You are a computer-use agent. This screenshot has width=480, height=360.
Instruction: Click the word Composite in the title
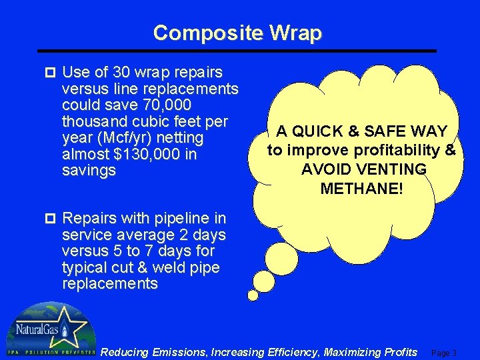[205, 33]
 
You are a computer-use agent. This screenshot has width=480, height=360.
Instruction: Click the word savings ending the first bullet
[89, 171]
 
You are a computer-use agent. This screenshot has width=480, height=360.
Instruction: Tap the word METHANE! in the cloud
[362, 189]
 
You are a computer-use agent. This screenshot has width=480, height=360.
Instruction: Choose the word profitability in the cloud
[401, 150]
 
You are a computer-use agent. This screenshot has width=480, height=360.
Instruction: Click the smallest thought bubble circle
[253, 295]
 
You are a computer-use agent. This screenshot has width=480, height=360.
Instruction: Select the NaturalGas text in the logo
[35, 330]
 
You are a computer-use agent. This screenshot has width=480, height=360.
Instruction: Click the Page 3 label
[445, 353]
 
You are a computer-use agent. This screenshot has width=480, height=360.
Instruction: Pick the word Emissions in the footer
[179, 351]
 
